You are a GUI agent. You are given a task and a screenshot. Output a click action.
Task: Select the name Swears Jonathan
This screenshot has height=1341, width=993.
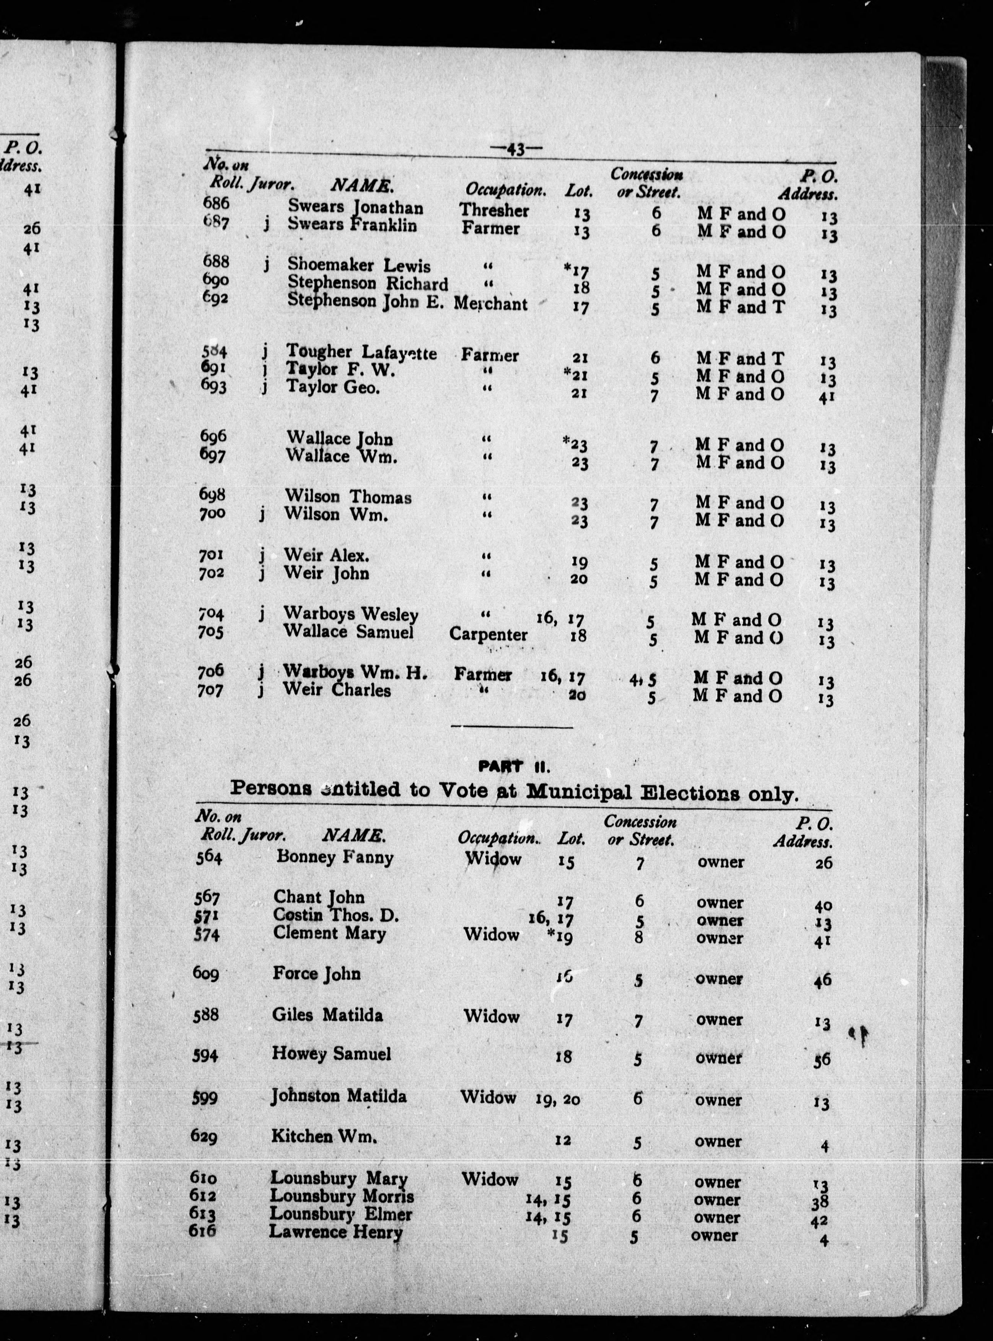pyautogui.click(x=355, y=207)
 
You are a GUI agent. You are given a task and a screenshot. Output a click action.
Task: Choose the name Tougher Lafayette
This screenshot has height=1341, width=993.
pyautogui.click(x=361, y=352)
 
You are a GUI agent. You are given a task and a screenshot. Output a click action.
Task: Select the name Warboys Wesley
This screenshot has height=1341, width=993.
pyautogui.click(x=351, y=614)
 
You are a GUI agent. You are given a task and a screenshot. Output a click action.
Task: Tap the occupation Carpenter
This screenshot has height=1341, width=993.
pyautogui.click(x=488, y=635)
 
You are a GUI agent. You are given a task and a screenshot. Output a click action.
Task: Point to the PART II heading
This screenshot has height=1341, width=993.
pyautogui.click(x=514, y=766)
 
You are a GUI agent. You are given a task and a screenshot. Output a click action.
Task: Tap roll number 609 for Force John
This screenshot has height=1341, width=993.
pyautogui.click(x=205, y=973)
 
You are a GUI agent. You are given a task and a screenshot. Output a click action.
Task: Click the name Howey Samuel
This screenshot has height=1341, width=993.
pyautogui.click(x=331, y=1054)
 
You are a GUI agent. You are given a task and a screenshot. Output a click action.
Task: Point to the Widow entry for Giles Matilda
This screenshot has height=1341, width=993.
pyautogui.click(x=491, y=1016)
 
